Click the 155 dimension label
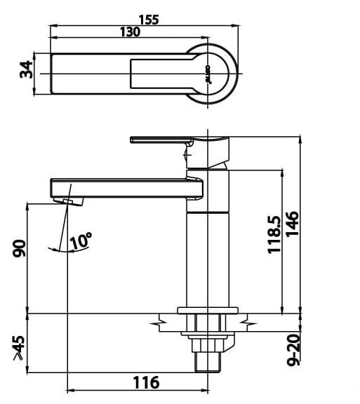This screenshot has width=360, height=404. pyautogui.click(x=148, y=19)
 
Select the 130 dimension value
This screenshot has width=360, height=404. pyautogui.click(x=129, y=32)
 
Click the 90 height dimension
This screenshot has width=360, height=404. pyautogui.click(x=19, y=249)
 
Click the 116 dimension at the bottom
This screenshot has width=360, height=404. pyautogui.click(x=145, y=382)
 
